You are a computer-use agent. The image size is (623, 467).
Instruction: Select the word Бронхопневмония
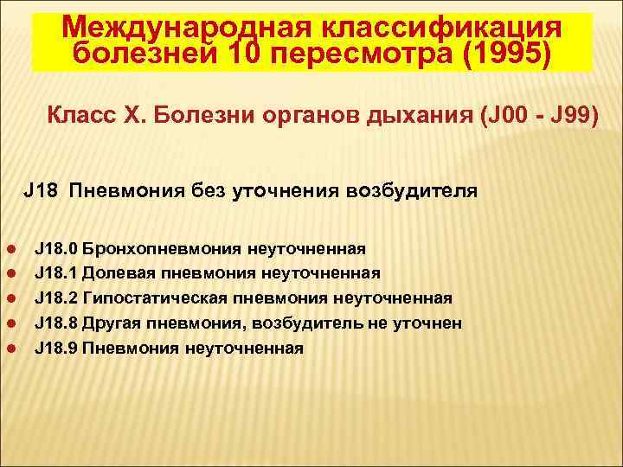(x=163, y=249)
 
